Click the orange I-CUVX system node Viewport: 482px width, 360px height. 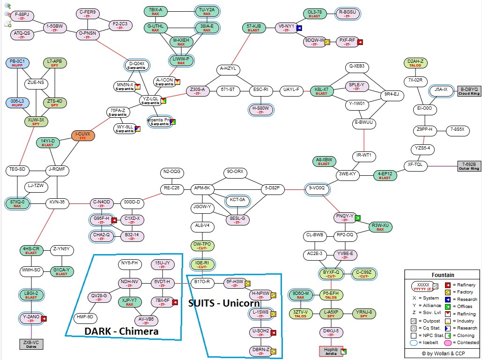[x=84, y=136]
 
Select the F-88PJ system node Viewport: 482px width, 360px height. [x=22, y=16]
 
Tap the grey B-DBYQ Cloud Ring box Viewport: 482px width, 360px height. [x=469, y=91]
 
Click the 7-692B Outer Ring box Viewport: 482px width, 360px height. [x=469, y=166]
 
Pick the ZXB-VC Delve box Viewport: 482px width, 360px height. [x=31, y=344]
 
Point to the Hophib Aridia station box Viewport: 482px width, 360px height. [x=331, y=351]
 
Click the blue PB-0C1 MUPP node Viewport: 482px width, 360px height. [x=17, y=63]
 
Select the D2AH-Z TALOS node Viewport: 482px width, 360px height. [x=415, y=63]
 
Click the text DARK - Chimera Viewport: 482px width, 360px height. [x=121, y=331]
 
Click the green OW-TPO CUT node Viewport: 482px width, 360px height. [x=202, y=246]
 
